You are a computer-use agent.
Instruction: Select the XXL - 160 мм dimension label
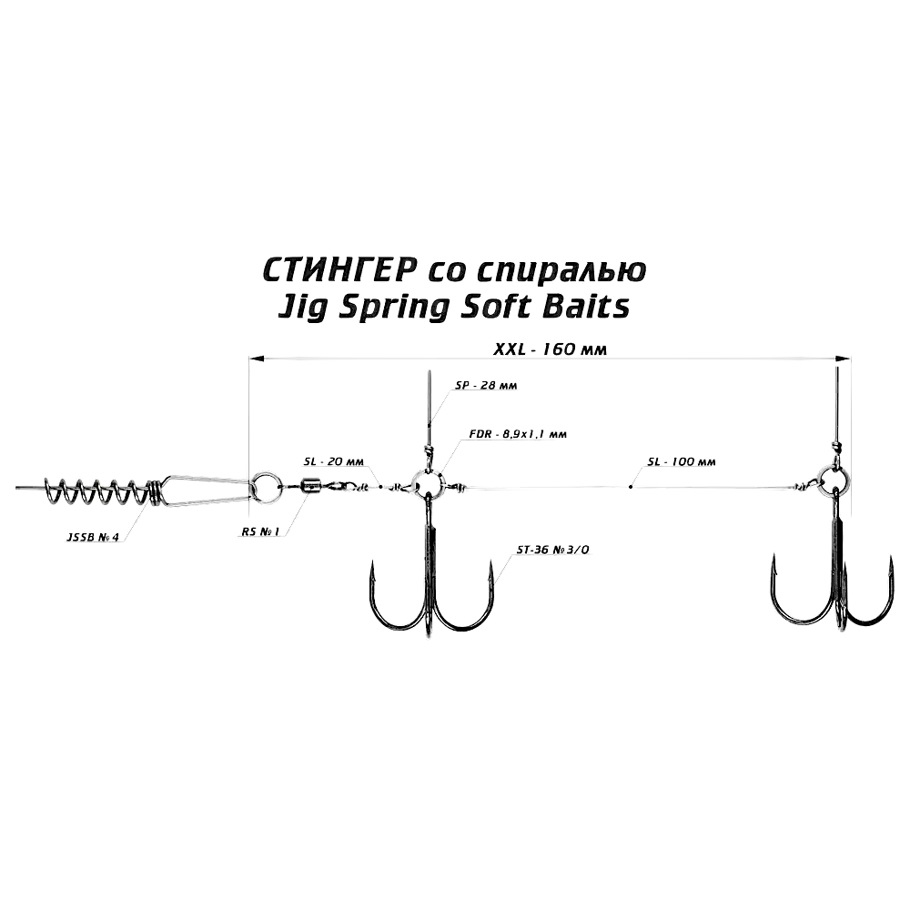pos(550,349)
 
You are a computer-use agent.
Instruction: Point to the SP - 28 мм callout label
pos(486,385)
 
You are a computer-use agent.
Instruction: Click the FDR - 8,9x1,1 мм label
pos(518,433)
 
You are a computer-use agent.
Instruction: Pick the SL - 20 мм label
pos(333,461)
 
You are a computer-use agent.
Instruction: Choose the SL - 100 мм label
pos(682,462)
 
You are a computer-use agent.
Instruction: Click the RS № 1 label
pos(260,531)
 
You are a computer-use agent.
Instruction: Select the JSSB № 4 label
pos(93,538)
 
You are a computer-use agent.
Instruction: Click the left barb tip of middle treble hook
pos(372,561)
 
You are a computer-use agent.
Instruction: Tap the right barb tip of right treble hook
pos(890,558)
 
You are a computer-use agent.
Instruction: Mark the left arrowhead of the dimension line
pos(257,359)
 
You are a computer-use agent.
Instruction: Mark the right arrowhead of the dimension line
pos(843,359)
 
